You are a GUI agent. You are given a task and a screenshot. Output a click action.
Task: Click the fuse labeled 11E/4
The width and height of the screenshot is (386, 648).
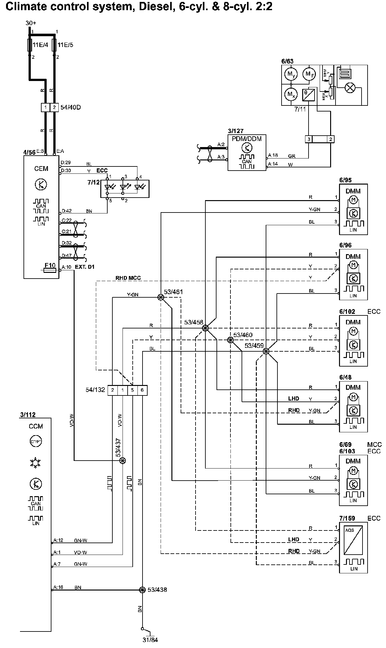click(30, 45)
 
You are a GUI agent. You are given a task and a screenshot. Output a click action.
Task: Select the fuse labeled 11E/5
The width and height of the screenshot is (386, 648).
click(54, 45)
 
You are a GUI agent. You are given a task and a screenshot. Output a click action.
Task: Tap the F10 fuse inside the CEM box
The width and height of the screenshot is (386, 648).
click(50, 270)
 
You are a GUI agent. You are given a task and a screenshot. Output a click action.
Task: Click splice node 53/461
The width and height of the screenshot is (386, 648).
click(161, 297)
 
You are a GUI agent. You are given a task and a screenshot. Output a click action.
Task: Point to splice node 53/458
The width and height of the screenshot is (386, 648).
click(205, 328)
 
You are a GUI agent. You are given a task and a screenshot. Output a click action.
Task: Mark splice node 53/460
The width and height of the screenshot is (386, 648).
click(230, 340)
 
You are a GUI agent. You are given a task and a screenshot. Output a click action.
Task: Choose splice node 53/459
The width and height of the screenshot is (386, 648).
click(266, 351)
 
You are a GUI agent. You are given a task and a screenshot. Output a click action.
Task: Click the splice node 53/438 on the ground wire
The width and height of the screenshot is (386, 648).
click(142, 590)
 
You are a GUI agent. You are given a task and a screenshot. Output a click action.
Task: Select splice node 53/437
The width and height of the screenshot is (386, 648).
click(123, 460)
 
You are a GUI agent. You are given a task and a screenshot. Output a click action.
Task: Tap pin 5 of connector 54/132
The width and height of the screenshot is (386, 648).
click(132, 390)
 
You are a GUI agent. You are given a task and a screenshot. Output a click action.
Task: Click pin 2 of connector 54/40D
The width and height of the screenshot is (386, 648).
click(54, 107)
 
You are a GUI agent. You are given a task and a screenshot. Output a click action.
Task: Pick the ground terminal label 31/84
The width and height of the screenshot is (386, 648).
click(150, 639)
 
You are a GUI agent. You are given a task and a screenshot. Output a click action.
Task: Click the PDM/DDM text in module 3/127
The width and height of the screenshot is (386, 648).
click(247, 139)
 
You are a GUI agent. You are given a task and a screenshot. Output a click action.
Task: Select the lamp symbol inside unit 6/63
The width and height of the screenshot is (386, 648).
click(350, 88)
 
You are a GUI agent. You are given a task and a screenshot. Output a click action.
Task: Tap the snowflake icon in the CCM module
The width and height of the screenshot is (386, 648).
click(36, 462)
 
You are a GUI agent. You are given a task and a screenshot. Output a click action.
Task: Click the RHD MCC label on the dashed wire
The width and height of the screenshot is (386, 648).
click(128, 278)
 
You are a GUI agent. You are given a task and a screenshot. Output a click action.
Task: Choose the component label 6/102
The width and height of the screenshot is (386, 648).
click(347, 312)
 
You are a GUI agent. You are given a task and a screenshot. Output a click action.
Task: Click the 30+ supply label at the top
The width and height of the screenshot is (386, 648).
click(31, 23)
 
